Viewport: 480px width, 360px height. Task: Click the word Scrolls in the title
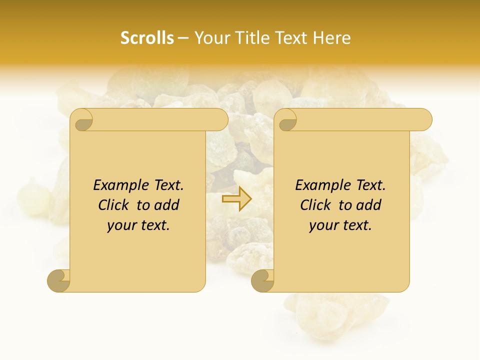coord(147,38)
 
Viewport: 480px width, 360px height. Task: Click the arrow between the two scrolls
coord(237,199)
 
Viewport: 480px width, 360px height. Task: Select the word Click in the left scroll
coord(114,205)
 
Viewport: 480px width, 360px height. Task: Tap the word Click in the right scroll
coord(316,205)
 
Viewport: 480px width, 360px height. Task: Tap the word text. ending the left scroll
coord(153,225)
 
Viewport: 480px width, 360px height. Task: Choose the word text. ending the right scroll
coord(355,225)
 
